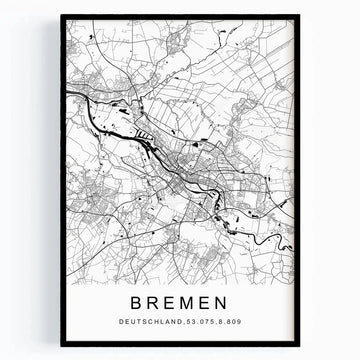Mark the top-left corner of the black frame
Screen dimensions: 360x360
click(x=61, y=16)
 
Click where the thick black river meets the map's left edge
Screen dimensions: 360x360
click(x=67, y=93)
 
